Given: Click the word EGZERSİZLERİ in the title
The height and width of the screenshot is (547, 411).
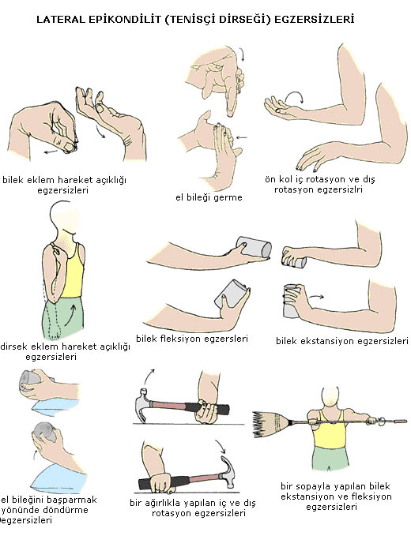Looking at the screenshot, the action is click(315, 19).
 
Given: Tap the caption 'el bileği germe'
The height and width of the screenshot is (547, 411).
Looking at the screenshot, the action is click(209, 197).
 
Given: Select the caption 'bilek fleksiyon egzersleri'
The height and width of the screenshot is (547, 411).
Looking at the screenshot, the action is click(192, 339).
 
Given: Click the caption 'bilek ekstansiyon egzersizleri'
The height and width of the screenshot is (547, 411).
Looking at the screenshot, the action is click(342, 340).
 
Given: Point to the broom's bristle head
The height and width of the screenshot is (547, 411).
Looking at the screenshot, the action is click(270, 424).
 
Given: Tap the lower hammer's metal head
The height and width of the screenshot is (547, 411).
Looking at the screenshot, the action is click(228, 471).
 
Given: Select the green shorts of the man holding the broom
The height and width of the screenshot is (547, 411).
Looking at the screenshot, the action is click(330, 459).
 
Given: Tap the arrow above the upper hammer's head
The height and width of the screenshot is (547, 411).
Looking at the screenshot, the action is click(149, 375).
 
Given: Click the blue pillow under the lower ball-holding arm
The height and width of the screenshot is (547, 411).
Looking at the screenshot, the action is click(58, 478).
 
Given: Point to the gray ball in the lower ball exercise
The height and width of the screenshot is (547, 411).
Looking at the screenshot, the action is click(44, 432).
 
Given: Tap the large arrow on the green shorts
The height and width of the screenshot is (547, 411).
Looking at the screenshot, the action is click(70, 314).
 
